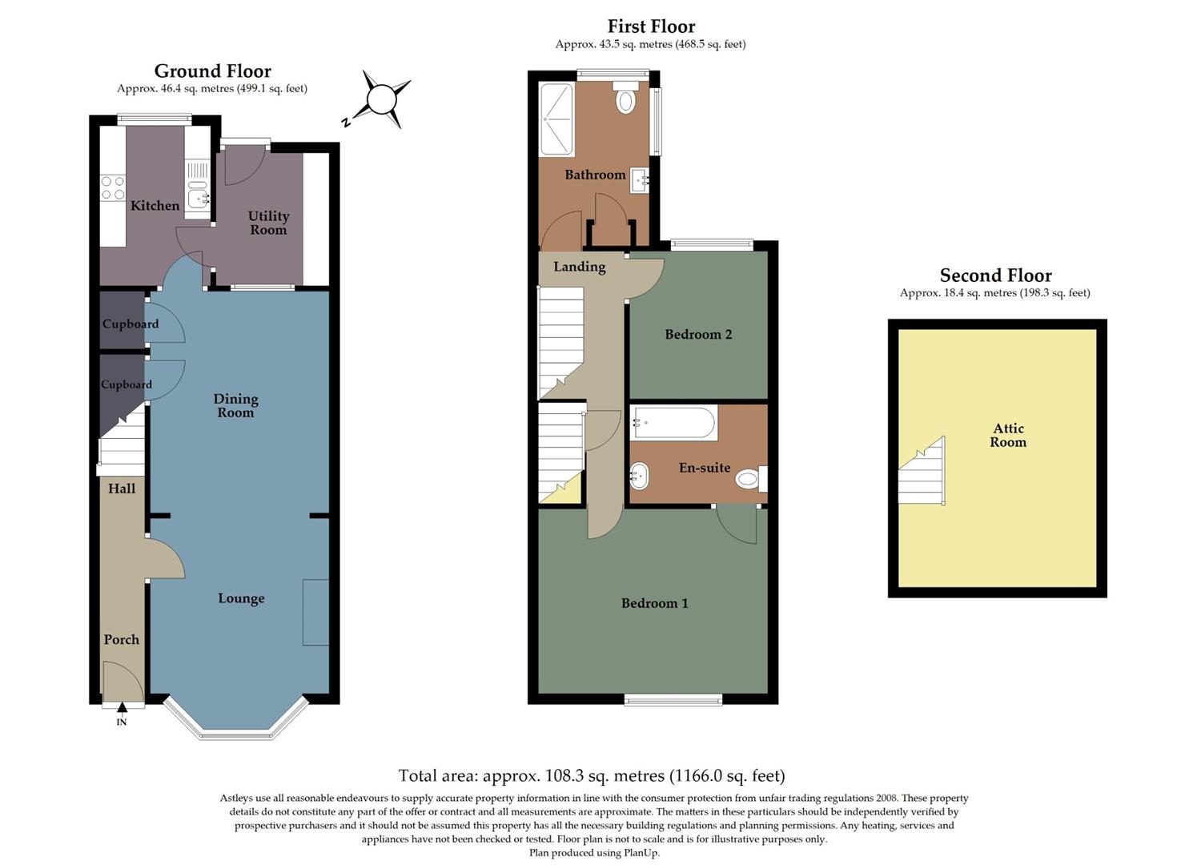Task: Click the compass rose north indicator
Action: (381, 100)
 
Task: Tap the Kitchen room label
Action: (155, 206)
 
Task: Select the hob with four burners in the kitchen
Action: (113, 188)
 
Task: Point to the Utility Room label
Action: (268, 223)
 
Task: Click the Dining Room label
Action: (235, 405)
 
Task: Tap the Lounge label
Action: (241, 598)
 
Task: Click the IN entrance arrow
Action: (122, 708)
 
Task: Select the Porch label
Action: (121, 639)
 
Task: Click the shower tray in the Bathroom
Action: (556, 119)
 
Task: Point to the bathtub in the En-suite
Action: (673, 423)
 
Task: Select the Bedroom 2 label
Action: (698, 334)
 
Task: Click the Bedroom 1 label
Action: (654, 603)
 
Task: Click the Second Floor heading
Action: (995, 276)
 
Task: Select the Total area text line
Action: (591, 775)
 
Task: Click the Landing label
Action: (579, 267)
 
